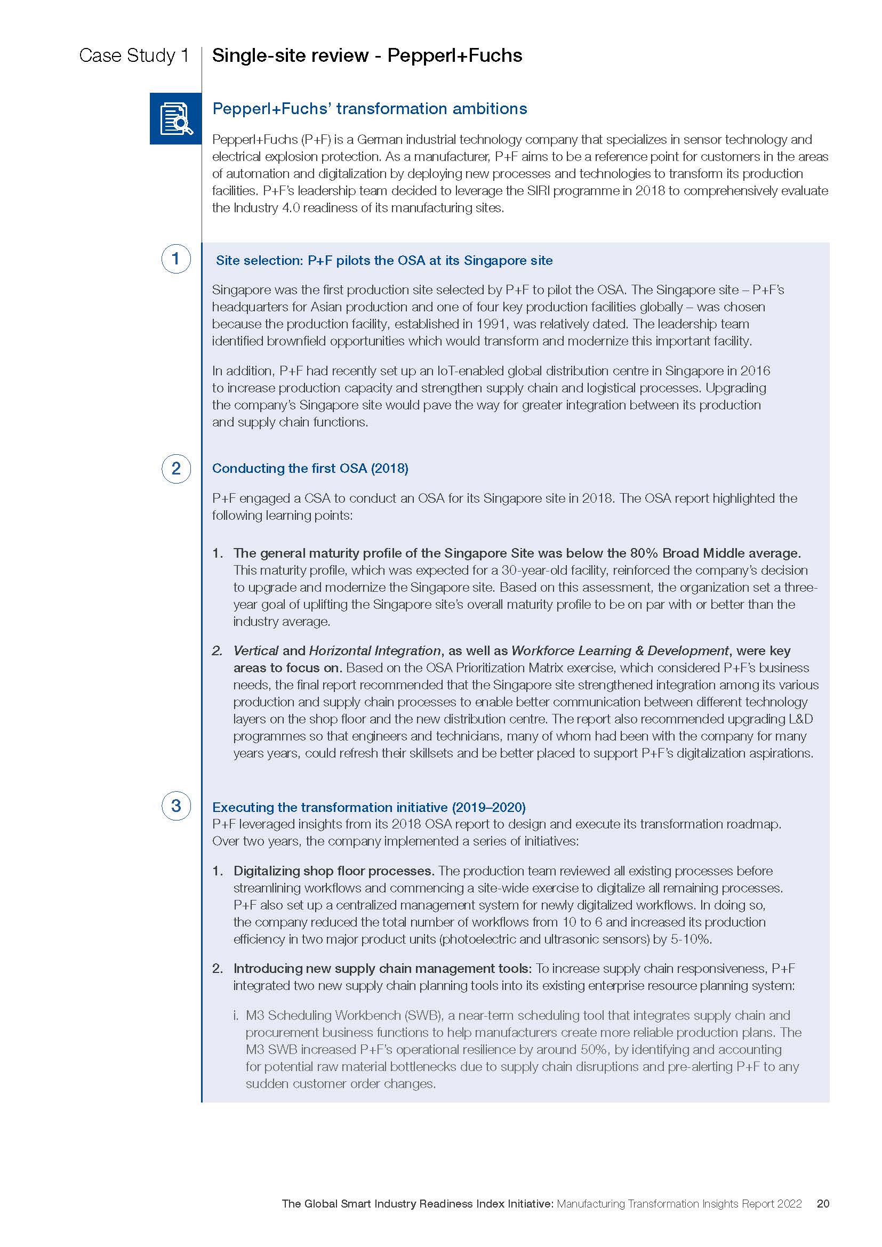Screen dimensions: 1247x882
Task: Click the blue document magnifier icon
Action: pyautogui.click(x=175, y=118)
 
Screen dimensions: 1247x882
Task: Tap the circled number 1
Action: pyautogui.click(x=176, y=259)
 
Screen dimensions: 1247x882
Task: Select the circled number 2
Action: pyautogui.click(x=176, y=468)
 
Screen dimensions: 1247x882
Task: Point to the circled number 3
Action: pyautogui.click(x=176, y=806)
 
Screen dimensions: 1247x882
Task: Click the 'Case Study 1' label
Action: pyautogui.click(x=134, y=55)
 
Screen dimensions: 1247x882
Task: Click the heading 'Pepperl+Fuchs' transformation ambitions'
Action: pyautogui.click(x=370, y=109)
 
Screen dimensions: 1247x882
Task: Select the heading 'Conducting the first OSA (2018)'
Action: pyautogui.click(x=310, y=468)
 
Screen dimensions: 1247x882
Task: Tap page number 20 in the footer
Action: pyautogui.click(x=823, y=1204)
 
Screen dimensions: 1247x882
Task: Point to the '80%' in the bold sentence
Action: pyautogui.click(x=644, y=553)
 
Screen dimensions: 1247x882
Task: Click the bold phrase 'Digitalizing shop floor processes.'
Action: pyautogui.click(x=333, y=871)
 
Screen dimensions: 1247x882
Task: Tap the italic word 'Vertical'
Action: pyautogui.click(x=255, y=650)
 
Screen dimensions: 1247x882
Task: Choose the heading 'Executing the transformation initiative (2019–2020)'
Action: pyautogui.click(x=369, y=807)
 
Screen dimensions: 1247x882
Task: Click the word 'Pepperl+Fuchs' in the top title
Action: pyautogui.click(x=454, y=55)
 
